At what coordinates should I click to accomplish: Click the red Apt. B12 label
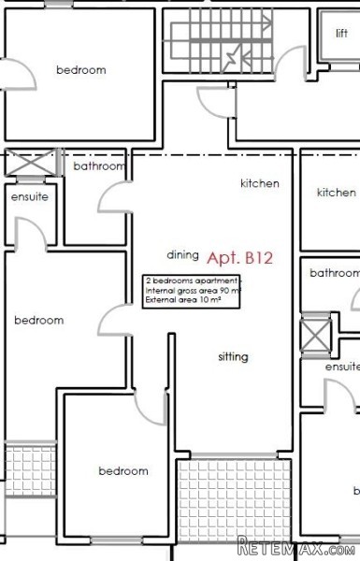tap(239, 258)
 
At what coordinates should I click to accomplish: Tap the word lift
tap(341, 34)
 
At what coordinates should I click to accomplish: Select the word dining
tap(183, 255)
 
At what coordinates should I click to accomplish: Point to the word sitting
tap(234, 357)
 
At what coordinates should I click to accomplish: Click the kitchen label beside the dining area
tap(260, 183)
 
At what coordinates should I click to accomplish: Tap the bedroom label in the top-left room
tap(81, 69)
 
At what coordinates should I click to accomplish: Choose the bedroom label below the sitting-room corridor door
tap(123, 471)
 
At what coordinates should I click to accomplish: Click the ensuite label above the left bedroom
tap(30, 196)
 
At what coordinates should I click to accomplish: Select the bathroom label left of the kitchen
tap(99, 166)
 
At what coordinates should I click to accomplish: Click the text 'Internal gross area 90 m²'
tap(193, 291)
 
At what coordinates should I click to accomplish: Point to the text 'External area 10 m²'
tap(183, 300)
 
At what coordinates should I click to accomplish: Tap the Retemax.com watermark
tap(296, 547)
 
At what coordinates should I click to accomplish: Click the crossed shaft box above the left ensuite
tap(31, 163)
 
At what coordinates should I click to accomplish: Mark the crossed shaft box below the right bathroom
tap(316, 335)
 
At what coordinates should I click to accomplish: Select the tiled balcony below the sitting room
tap(234, 500)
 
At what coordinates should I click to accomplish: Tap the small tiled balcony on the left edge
tap(31, 469)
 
